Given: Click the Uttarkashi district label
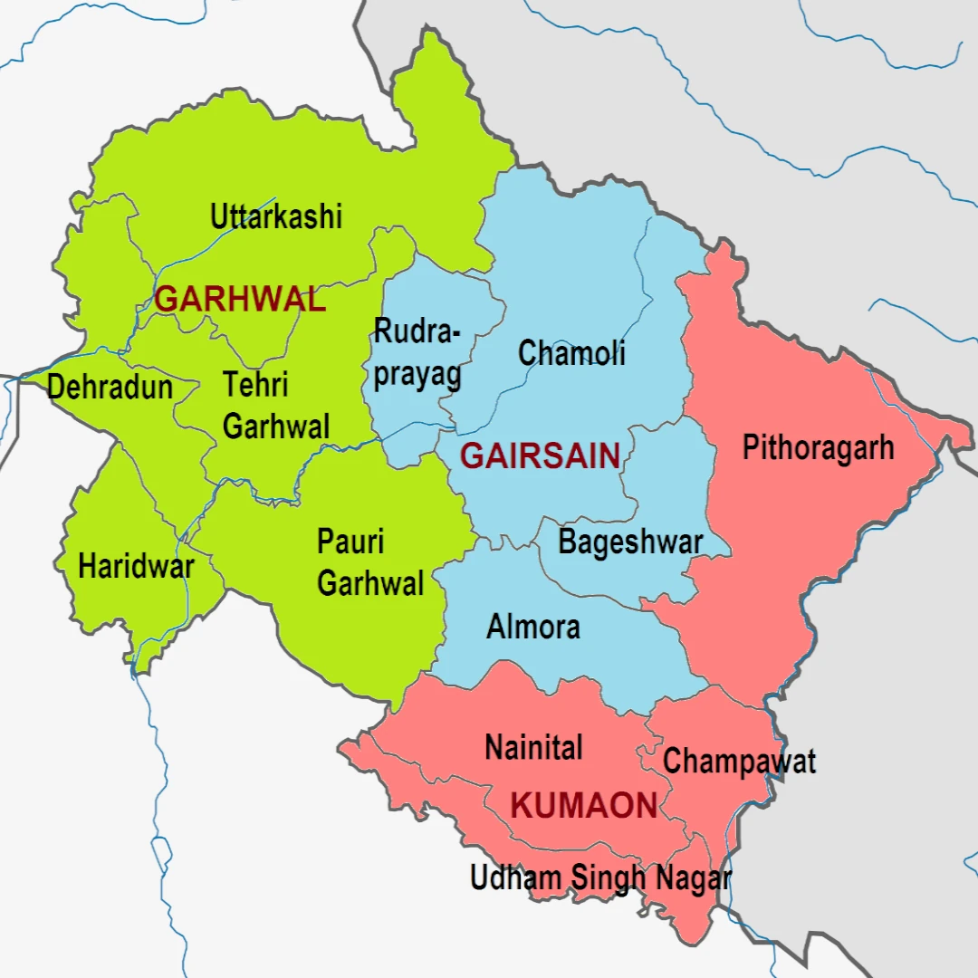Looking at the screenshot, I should coord(276,217).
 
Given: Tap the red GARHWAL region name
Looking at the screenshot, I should coord(240,299).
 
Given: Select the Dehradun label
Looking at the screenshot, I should coord(110,388).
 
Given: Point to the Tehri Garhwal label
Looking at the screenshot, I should coord(276,405).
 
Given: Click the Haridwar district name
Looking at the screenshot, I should coord(136,567).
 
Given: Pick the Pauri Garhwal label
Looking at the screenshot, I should coord(369,562).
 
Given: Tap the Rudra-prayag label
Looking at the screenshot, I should coord(417,353).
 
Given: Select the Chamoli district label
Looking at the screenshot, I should coord(571,353).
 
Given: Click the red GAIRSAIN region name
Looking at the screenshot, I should coord(541,456).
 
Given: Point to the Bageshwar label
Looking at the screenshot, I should coord(630,542).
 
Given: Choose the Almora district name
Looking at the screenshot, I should coord(533,627).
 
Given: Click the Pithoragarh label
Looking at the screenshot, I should coord(818,447).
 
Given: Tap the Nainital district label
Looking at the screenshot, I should coord(533,748).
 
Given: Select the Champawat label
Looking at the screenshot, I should coord(739,761).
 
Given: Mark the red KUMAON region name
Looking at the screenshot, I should coord(584,805).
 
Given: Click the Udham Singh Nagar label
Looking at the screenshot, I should coord(600,877).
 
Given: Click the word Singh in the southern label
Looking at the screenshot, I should coord(609,877).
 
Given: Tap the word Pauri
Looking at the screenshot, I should coord(350,542).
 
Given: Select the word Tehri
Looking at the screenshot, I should coord(256,385).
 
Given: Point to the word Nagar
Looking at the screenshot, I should coord(694,877).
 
